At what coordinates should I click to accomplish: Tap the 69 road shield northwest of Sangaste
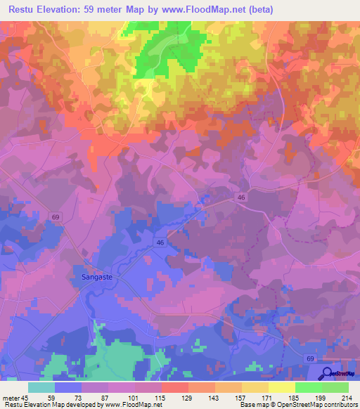pos(56,218)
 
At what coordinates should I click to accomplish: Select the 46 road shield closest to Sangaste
pos(160,242)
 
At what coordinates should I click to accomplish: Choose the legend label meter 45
pos(15,398)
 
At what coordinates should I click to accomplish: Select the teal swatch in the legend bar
pos(41,387)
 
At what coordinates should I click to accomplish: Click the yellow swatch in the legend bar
pos(281,387)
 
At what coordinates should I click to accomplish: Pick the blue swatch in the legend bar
pos(68,387)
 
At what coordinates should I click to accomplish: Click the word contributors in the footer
pos(340,405)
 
